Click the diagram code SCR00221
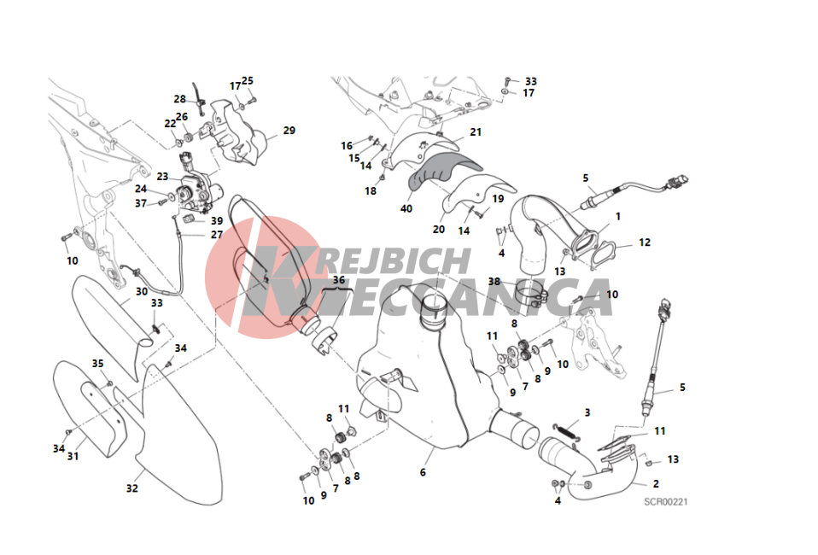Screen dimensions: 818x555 pyautogui.click(x=666, y=502)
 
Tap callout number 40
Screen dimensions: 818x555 pyautogui.click(x=406, y=208)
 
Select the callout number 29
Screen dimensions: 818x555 pyautogui.click(x=289, y=131)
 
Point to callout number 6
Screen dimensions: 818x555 pyautogui.click(x=423, y=472)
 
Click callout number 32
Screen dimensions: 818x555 pyautogui.click(x=132, y=488)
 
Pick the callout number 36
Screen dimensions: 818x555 pyautogui.click(x=339, y=280)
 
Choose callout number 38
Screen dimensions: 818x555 pyautogui.click(x=494, y=282)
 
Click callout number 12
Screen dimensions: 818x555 pyautogui.click(x=645, y=242)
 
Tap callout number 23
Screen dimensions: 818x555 pyautogui.click(x=162, y=176)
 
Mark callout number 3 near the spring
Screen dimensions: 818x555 pyautogui.click(x=587, y=412)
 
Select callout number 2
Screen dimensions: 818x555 pyautogui.click(x=656, y=483)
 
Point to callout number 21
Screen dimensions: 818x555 pyautogui.click(x=476, y=132)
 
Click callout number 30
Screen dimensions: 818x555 pyautogui.click(x=142, y=291)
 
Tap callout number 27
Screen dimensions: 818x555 pyautogui.click(x=217, y=235)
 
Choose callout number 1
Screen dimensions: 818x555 pyautogui.click(x=618, y=216)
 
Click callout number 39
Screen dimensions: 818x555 pyautogui.click(x=217, y=220)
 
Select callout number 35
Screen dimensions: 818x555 pyautogui.click(x=98, y=364)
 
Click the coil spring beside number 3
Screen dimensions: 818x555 pyautogui.click(x=567, y=431)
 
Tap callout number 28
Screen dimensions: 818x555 pyautogui.click(x=180, y=98)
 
